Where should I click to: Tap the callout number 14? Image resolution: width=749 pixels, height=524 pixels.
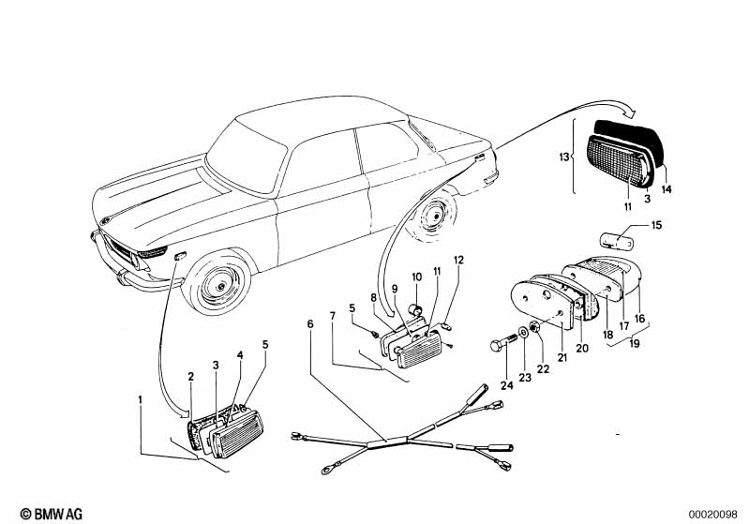[667, 188]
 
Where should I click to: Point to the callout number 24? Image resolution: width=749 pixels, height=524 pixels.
[507, 384]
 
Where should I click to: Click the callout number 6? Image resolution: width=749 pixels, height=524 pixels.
[309, 324]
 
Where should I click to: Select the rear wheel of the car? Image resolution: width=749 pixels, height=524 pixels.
[435, 220]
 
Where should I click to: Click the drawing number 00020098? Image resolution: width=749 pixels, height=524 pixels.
[715, 514]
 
